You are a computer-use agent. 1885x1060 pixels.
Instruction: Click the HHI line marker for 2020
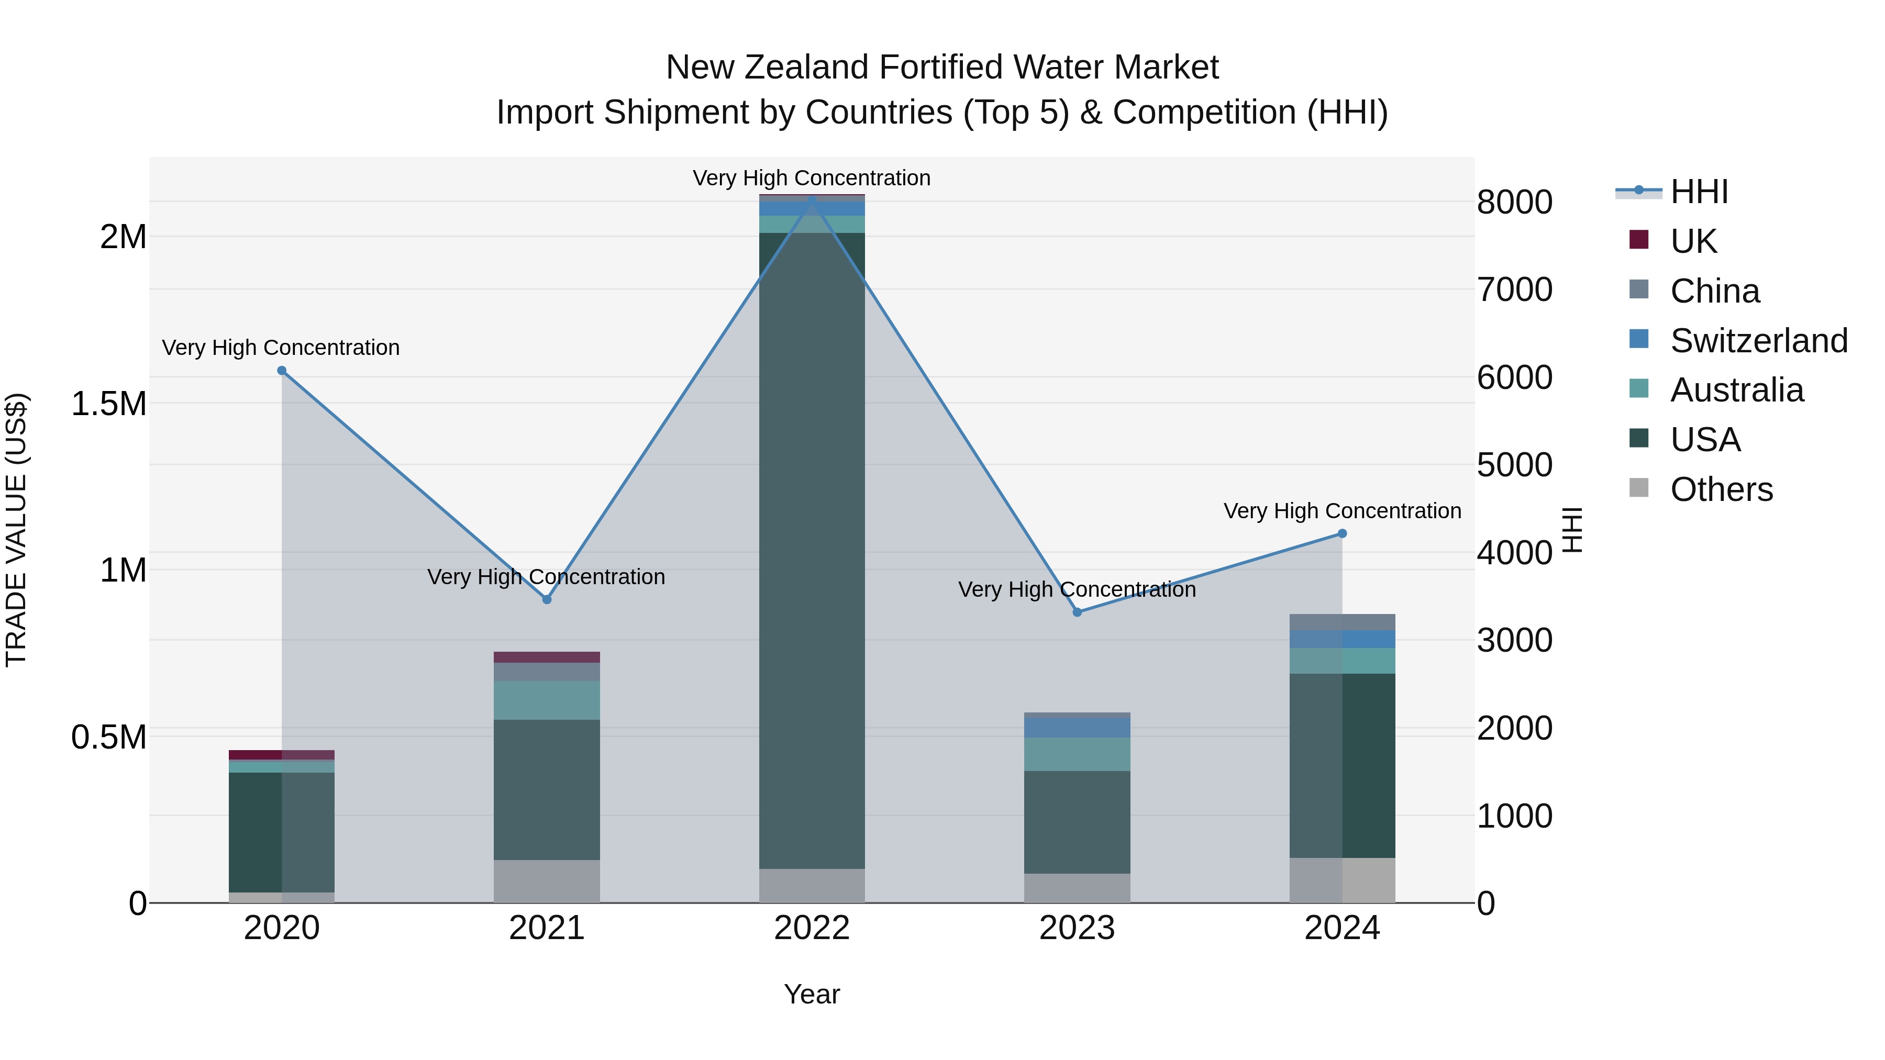tap(282, 371)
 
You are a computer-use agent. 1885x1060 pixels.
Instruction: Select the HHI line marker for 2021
tap(547, 599)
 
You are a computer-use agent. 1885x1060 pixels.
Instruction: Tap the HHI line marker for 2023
tap(1077, 612)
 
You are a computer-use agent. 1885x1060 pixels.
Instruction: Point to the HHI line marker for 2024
tap(1342, 534)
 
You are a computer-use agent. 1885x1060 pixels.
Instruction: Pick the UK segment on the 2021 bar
tap(547, 657)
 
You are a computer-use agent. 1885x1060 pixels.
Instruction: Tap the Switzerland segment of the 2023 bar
tap(1077, 727)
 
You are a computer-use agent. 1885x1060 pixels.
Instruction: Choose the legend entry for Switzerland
tap(1758, 341)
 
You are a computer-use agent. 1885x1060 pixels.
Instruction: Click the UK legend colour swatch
tap(1639, 240)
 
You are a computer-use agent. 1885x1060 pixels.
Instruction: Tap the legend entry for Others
tap(1721, 489)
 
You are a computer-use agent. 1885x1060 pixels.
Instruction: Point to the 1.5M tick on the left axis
tap(109, 404)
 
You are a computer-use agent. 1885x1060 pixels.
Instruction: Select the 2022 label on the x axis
tap(812, 928)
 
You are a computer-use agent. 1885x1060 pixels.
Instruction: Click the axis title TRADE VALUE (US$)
tap(16, 530)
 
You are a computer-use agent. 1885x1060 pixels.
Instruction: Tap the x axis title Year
tap(812, 994)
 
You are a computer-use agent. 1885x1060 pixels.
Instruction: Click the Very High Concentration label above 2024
tap(1342, 510)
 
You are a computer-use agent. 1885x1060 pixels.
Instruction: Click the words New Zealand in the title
tap(768, 68)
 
